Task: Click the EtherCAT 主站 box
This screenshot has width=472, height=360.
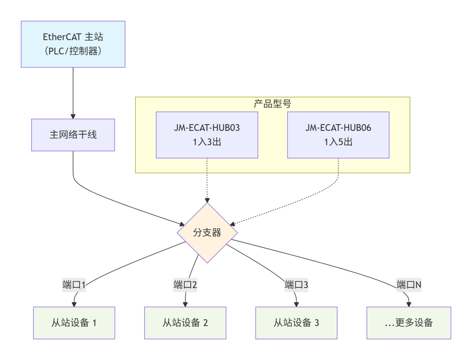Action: coord(73,44)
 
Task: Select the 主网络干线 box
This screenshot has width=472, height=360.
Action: coord(73,135)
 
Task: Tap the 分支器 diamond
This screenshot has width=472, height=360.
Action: coord(207,233)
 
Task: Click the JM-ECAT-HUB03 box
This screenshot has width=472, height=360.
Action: coord(207,135)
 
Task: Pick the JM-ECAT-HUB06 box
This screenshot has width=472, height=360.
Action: coord(338,135)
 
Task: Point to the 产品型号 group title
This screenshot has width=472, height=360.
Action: coord(272,104)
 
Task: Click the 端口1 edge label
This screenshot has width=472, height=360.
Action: coord(74,285)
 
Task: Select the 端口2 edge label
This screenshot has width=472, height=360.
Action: coord(185,285)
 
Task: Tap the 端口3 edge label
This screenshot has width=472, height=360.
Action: coord(296,285)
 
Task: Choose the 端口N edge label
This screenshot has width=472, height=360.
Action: coord(409,285)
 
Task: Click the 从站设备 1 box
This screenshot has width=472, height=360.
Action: coord(74,323)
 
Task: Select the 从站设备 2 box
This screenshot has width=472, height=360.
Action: coord(185,323)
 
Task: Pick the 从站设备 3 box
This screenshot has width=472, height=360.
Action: coord(296,323)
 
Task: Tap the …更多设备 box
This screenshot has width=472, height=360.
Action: coord(409,323)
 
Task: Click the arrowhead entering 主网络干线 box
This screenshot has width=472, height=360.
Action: coord(73,116)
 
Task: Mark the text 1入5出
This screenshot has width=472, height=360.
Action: coord(338,142)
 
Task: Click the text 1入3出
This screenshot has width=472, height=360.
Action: coord(207,142)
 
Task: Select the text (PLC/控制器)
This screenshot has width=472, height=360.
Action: coord(73,51)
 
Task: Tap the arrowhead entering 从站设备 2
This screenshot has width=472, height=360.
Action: coord(185,305)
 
